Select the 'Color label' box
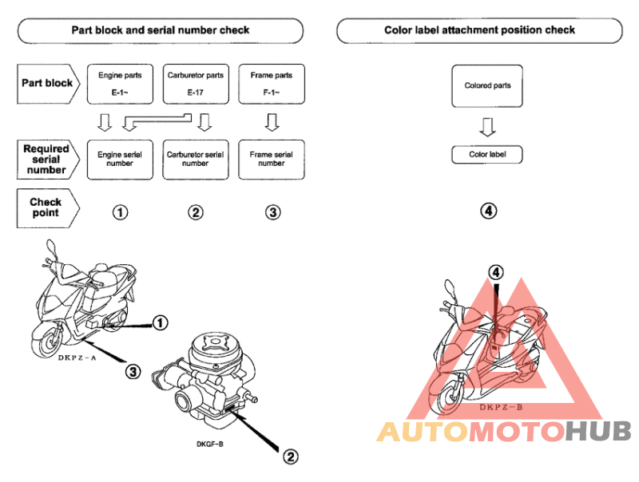[x=487, y=155]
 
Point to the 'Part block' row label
[x=48, y=84]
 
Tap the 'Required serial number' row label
[x=47, y=160]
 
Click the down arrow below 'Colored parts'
[x=487, y=127]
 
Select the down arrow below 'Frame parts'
[x=272, y=122]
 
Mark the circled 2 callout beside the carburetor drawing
[x=291, y=456]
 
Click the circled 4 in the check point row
[x=489, y=211]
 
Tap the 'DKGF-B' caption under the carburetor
[x=210, y=444]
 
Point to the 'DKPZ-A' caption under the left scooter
[x=77, y=358]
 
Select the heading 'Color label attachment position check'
[x=480, y=30]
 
